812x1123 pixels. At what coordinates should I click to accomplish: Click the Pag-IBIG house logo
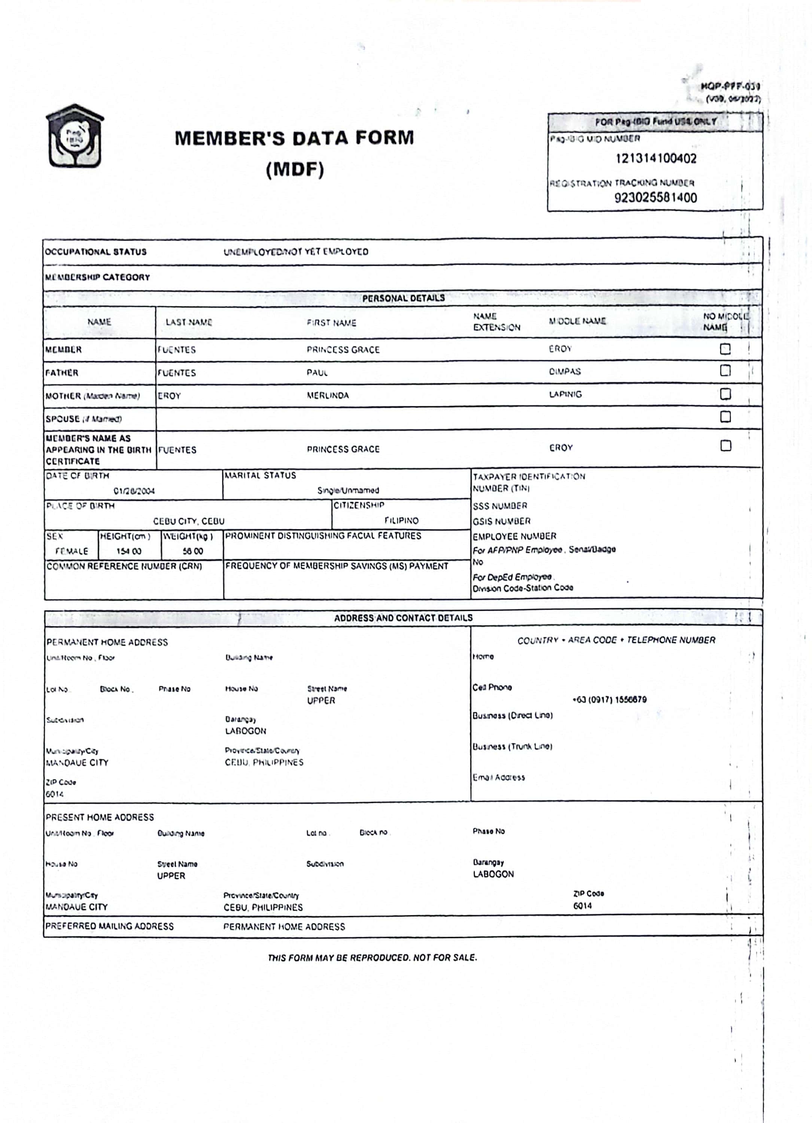pyautogui.click(x=75, y=136)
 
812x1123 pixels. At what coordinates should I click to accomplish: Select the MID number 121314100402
pyautogui.click(x=656, y=159)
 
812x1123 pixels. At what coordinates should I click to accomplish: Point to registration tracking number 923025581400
pyautogui.click(x=656, y=198)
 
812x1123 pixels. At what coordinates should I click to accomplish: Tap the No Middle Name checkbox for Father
pyautogui.click(x=725, y=370)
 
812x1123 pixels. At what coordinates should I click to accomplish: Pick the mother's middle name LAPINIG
pyautogui.click(x=565, y=395)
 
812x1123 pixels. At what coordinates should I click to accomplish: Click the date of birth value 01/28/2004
pyautogui.click(x=134, y=491)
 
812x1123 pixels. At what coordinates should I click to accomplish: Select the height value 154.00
pyautogui.click(x=129, y=551)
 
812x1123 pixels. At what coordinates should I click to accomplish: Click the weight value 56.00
pyautogui.click(x=192, y=551)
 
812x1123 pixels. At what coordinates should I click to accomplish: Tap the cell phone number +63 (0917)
pyautogui.click(x=609, y=700)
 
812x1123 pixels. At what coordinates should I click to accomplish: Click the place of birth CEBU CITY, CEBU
pyautogui.click(x=189, y=521)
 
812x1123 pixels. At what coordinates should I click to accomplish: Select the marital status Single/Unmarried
pyautogui.click(x=348, y=490)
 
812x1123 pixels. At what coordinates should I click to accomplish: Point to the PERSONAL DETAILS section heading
pyautogui.click(x=403, y=298)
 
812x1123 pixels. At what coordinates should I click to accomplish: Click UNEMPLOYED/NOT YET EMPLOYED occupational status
pyautogui.click(x=296, y=252)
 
